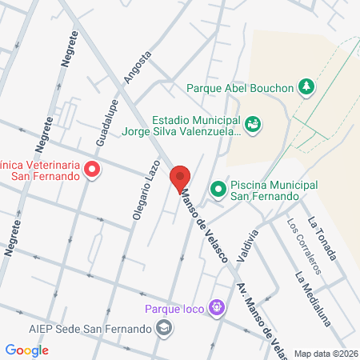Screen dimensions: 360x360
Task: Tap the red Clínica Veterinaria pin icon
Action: click(92, 169)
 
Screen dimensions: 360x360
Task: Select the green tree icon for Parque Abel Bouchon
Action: click(306, 86)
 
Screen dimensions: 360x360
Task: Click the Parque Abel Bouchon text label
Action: click(240, 88)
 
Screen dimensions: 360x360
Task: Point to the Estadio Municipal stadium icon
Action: click(254, 123)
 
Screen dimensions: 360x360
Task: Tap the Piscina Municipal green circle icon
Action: click(217, 190)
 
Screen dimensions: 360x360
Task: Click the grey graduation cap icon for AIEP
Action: click(164, 328)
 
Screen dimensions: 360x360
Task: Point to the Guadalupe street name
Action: click(106, 122)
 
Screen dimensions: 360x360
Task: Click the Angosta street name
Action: click(138, 67)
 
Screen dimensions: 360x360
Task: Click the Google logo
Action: click(26, 350)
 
